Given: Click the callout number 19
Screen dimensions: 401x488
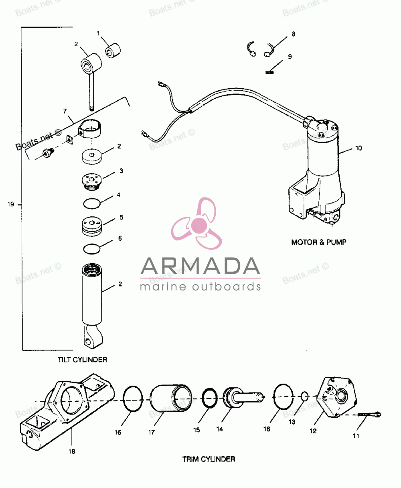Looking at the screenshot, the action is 11,204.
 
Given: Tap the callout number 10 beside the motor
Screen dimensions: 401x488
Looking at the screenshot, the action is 358,148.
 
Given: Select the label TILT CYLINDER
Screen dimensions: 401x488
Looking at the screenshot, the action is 82,360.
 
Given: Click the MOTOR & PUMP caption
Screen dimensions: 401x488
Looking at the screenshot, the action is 319,242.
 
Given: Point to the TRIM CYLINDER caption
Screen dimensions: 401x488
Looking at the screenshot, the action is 209,459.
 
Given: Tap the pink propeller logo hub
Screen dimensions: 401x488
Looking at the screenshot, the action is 199,225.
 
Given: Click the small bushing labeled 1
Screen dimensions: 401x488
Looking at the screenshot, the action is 113,51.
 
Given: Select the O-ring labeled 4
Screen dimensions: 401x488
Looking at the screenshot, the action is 92,203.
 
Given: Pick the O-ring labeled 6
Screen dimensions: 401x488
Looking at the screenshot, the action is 92,249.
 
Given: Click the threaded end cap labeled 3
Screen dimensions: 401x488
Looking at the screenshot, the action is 92,182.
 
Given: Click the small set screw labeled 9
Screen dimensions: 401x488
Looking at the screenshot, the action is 269,72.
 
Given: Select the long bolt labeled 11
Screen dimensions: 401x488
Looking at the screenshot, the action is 369,415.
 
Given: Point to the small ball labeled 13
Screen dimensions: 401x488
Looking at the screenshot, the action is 305,396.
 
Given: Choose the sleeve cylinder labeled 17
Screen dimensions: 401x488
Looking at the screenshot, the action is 171,398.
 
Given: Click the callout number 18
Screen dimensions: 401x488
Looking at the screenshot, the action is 72,451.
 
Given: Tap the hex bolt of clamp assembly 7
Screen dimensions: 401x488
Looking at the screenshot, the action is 49,152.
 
